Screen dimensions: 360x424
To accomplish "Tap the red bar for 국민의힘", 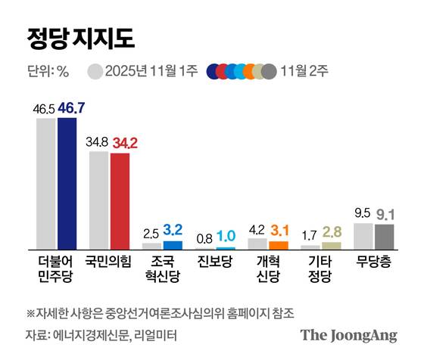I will click(120, 200).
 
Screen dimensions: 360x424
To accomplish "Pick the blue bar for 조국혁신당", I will click(173, 244).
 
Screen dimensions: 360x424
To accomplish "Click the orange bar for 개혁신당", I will click(279, 244).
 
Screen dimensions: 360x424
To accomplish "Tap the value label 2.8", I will click(332, 232).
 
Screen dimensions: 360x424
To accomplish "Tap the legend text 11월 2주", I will click(306, 72).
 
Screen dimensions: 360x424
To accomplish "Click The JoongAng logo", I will click(348, 334).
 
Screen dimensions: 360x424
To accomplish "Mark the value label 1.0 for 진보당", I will click(226, 237).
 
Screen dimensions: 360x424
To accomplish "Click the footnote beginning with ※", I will click(160, 312).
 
